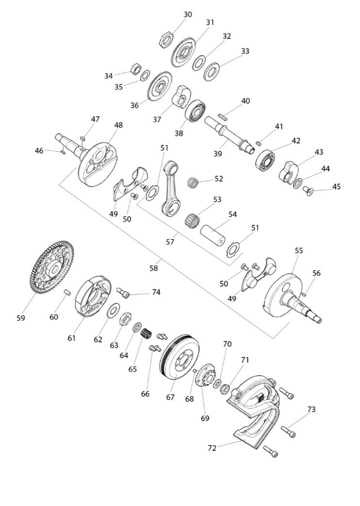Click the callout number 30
click(188, 15)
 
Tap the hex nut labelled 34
click(135, 68)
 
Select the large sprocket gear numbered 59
click(52, 267)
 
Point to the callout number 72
click(212, 448)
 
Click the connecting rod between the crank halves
click(172, 188)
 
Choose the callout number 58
click(154, 268)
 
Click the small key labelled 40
click(223, 116)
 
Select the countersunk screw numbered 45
click(308, 191)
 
